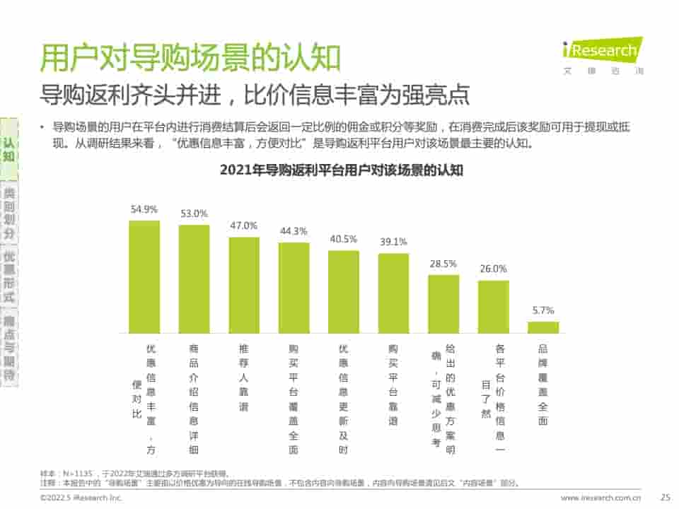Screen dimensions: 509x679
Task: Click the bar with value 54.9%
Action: (x=144, y=276)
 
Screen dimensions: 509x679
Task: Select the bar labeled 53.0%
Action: (x=194, y=279)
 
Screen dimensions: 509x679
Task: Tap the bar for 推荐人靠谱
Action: (x=244, y=285)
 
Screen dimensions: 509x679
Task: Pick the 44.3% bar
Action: (x=294, y=288)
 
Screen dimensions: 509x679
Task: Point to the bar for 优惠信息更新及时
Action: (x=344, y=291)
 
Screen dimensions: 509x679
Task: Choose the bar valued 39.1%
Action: (x=393, y=293)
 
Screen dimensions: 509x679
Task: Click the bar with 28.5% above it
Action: (x=443, y=304)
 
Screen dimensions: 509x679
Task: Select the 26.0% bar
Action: (x=494, y=307)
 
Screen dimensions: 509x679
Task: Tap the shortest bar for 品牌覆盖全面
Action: (x=543, y=327)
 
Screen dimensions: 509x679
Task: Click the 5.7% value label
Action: (x=543, y=310)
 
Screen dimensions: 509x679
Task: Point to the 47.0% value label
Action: (x=244, y=226)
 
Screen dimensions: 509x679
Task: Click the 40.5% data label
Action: (x=344, y=239)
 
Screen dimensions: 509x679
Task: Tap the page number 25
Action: (x=665, y=498)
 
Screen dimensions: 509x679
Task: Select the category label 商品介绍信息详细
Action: (x=194, y=399)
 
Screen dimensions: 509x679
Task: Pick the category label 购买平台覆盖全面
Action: (x=294, y=399)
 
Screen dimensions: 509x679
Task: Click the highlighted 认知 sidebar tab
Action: (x=8, y=148)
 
